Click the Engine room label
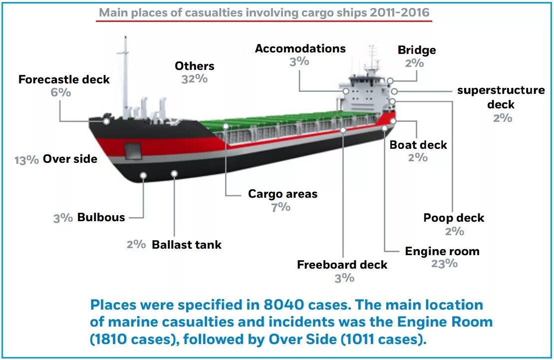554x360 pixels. pyautogui.click(x=442, y=251)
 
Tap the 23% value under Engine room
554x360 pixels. pyautogui.click(x=444, y=263)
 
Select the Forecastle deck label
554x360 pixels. pyautogui.click(x=64, y=79)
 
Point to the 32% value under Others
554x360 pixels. pyautogui.click(x=195, y=78)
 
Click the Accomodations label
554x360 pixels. pyautogui.click(x=300, y=48)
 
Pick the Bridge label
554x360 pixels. pyautogui.click(x=417, y=50)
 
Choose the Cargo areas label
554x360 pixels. pyautogui.click(x=282, y=194)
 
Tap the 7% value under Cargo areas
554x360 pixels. pyautogui.click(x=281, y=207)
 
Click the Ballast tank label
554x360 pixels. pyautogui.click(x=187, y=245)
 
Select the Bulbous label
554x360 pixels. pyautogui.click(x=101, y=218)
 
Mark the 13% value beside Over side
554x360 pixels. pyautogui.click(x=27, y=160)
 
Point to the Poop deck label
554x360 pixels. pyautogui.click(x=454, y=218)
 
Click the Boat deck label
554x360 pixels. pyautogui.click(x=418, y=145)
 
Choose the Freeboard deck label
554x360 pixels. pyautogui.click(x=342, y=265)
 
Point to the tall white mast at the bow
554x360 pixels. pyautogui.click(x=125, y=75)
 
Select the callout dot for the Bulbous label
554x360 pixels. pyautogui.click(x=143, y=175)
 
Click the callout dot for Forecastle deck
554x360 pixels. pyautogui.click(x=106, y=121)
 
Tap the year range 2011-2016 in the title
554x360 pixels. pyautogui.click(x=399, y=12)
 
